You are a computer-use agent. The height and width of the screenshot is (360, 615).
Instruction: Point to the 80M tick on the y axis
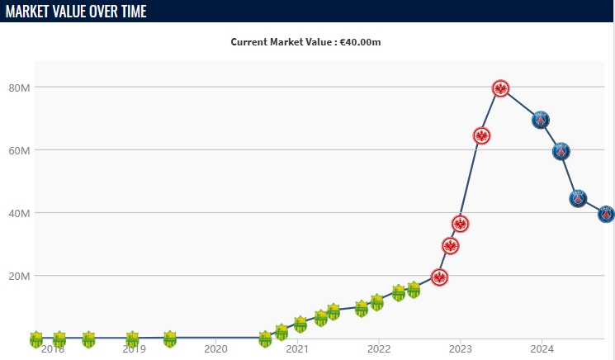point(20,88)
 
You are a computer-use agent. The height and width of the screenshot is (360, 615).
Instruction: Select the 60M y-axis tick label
point(20,150)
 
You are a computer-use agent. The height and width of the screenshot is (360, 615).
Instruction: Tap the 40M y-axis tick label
point(20,213)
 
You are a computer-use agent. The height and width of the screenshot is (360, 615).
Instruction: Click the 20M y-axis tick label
point(20,276)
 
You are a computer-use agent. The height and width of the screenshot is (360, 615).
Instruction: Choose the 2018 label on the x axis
point(53,348)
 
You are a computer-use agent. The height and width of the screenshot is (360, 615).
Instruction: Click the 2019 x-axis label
point(135,348)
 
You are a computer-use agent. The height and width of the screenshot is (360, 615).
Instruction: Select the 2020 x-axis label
point(215,348)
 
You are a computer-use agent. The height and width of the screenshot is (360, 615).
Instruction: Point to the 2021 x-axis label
point(297,348)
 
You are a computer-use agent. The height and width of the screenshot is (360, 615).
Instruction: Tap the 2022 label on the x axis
point(379,348)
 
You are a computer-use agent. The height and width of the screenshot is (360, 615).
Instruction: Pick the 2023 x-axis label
point(460,348)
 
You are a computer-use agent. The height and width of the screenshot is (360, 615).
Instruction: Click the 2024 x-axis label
point(542,348)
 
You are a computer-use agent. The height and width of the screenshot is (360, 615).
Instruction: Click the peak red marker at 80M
point(500,88)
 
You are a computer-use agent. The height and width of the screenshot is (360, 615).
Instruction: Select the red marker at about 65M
point(482,135)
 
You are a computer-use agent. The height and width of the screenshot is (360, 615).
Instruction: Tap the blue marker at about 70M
point(541,120)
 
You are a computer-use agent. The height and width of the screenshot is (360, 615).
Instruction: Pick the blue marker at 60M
point(561,151)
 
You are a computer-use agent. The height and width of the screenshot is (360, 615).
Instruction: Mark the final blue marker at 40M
point(606,214)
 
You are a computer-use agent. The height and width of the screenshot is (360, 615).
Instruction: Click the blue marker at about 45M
point(578,198)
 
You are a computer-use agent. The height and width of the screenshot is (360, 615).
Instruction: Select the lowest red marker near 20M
point(439,277)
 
